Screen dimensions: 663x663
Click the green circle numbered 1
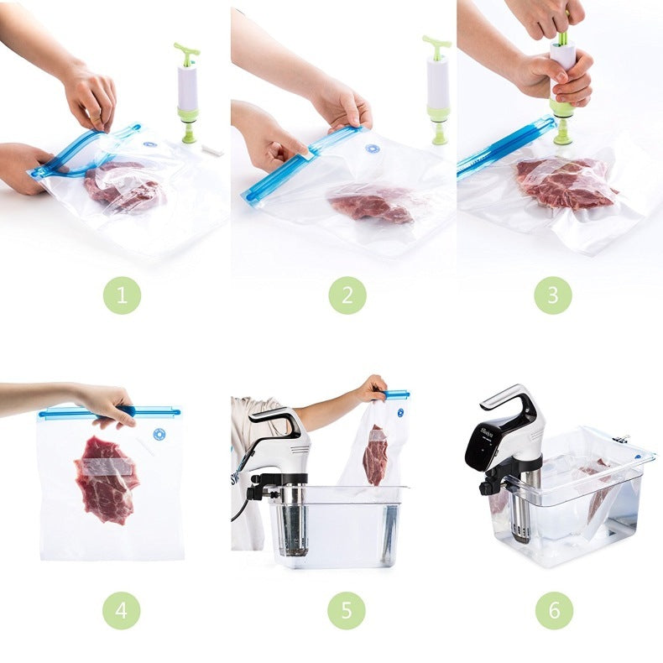(122, 295)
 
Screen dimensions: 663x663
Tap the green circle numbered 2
(347, 295)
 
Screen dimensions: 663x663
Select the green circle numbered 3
(553, 295)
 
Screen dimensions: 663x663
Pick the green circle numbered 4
(122, 610)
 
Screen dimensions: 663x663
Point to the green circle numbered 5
(347, 610)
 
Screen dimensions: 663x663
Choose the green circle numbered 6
(553, 610)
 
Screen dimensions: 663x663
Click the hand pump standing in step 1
(187, 92)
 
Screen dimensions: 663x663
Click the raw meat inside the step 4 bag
(107, 478)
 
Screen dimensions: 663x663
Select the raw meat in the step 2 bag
(371, 204)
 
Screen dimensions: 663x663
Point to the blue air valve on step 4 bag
(159, 435)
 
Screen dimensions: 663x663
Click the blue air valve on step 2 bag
(373, 149)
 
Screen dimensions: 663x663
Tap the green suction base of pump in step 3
(561, 122)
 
